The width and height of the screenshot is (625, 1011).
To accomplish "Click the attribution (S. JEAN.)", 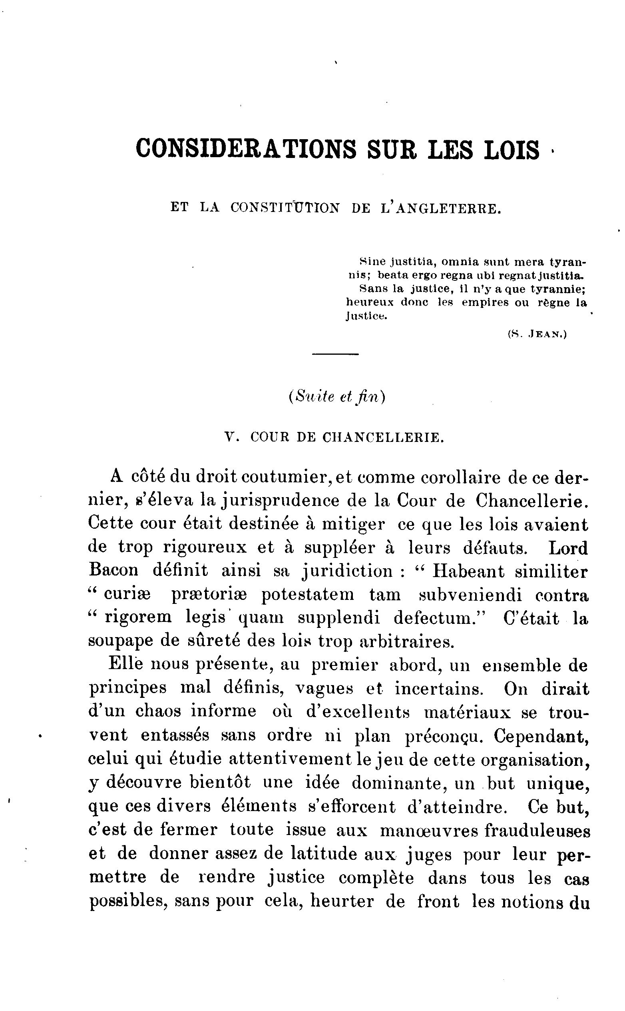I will [537, 335].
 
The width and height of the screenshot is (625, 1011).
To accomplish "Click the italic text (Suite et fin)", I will [336, 397].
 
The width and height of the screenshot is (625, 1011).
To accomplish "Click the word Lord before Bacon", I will [568, 548].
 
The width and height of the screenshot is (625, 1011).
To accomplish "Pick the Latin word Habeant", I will [468, 571].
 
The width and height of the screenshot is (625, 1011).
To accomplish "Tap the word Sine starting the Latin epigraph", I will [372, 262].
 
